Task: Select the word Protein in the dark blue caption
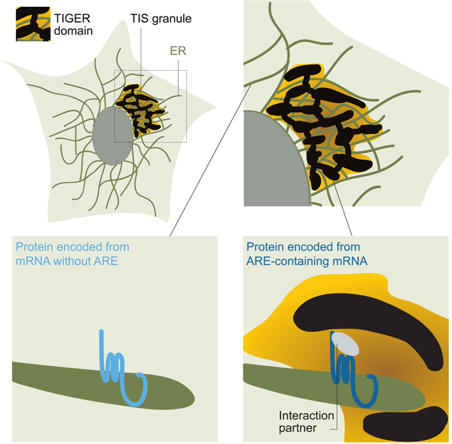pyautogui.click(x=267, y=247)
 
